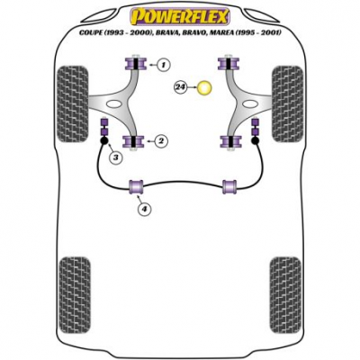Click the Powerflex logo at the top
point(180,16)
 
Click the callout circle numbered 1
point(163,64)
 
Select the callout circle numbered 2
point(161,140)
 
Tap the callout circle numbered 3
point(116,157)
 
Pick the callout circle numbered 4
point(145,208)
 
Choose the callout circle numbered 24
point(180,87)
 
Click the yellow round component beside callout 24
point(204,88)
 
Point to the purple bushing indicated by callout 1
point(135,64)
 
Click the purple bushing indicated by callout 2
point(133,142)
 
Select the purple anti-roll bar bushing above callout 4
point(136,187)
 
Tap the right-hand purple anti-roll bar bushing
point(229,187)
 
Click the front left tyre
point(72,103)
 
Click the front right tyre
point(287,103)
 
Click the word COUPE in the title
point(90,32)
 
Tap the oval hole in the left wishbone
point(113,104)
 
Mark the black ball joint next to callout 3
point(104,140)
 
